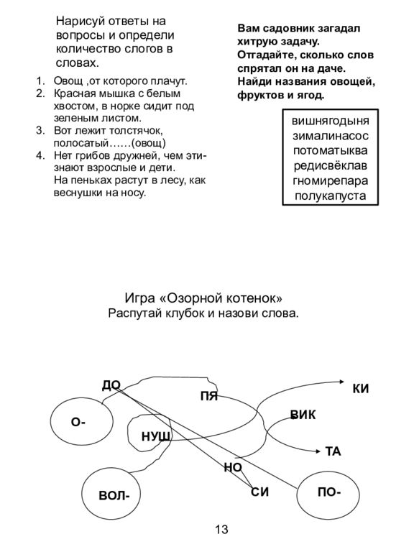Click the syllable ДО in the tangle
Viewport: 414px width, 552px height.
pyautogui.click(x=111, y=385)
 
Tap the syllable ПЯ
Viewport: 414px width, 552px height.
pyautogui.click(x=208, y=397)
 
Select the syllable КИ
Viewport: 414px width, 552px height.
pyautogui.click(x=361, y=389)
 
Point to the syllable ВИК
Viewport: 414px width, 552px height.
pyautogui.click(x=303, y=415)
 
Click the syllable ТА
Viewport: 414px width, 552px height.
pyautogui.click(x=333, y=451)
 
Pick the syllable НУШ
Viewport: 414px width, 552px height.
pyautogui.click(x=156, y=436)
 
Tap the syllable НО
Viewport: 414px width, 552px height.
pyautogui.click(x=233, y=467)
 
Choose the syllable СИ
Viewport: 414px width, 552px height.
pyautogui.click(x=259, y=492)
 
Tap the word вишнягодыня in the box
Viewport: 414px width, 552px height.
pyautogui.click(x=330, y=121)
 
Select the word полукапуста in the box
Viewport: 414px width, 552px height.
pyautogui.click(x=330, y=195)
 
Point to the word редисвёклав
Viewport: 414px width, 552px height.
pyautogui.click(x=330, y=165)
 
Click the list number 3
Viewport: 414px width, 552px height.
pyautogui.click(x=40, y=130)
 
